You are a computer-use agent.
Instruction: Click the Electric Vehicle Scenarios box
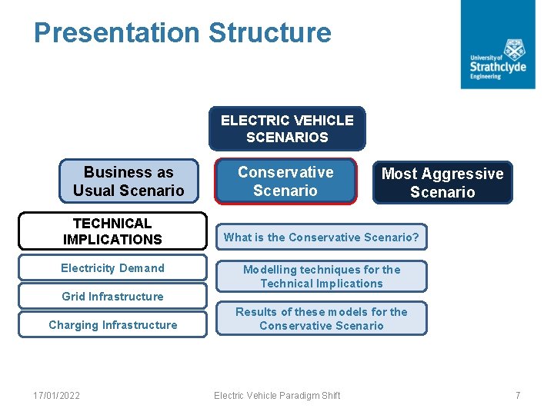pyautogui.click(x=287, y=128)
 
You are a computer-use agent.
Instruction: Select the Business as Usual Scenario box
pyautogui.click(x=128, y=181)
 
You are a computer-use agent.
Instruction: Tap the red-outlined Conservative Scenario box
pyautogui.click(x=285, y=181)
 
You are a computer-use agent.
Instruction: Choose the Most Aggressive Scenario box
pyautogui.click(x=442, y=183)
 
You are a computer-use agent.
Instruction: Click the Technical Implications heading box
pyautogui.click(x=112, y=231)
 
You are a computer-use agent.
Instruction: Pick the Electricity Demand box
pyautogui.click(x=112, y=268)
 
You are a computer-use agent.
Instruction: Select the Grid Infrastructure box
pyautogui.click(x=112, y=296)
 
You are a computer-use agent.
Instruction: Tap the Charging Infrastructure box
pyautogui.click(x=112, y=324)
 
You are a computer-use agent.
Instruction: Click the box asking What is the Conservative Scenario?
pyautogui.click(x=322, y=237)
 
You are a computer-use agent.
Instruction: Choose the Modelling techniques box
pyautogui.click(x=322, y=277)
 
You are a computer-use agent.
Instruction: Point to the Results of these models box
pyautogui.click(x=322, y=319)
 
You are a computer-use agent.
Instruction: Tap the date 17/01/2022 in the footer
pyautogui.click(x=56, y=396)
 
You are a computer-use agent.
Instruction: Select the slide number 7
pyautogui.click(x=518, y=396)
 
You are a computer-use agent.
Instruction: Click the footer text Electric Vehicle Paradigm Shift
pyautogui.click(x=277, y=396)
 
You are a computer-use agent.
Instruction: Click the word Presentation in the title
pyautogui.click(x=116, y=33)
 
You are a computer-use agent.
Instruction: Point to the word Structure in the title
pyautogui.click(x=269, y=33)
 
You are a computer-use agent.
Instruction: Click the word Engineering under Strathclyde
pyautogui.click(x=486, y=77)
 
